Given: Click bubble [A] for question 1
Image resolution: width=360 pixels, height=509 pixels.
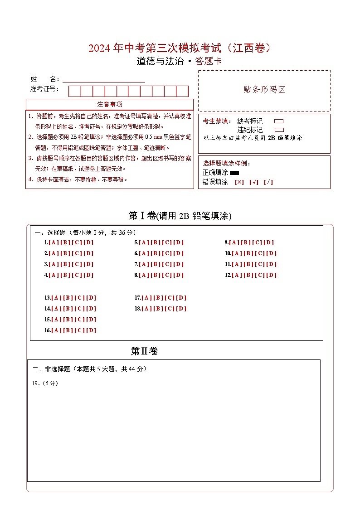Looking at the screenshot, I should [x=54, y=242].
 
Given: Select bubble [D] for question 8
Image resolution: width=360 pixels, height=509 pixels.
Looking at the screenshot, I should [x=179, y=275].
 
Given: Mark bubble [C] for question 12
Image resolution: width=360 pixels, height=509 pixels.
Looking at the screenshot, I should [x=260, y=275].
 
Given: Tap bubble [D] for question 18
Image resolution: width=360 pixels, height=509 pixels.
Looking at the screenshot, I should [x=181, y=309].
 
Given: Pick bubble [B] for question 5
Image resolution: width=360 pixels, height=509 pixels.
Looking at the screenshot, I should [x=156, y=242].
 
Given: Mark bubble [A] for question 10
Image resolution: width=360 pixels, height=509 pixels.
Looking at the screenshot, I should [x=237, y=253].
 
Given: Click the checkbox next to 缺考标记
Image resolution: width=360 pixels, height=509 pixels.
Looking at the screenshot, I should [x=279, y=121].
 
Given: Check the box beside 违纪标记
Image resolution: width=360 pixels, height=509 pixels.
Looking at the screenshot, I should [x=279, y=130].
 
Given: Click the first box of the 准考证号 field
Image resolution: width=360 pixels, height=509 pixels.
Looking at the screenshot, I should [x=74, y=91].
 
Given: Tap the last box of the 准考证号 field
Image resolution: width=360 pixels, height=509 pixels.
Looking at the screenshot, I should [x=182, y=91].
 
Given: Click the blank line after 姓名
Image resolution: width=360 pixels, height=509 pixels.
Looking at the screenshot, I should [x=104, y=79].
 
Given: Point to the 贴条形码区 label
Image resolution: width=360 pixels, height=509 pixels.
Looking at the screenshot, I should [x=264, y=90].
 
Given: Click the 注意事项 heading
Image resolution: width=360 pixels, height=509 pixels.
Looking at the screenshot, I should [x=109, y=105].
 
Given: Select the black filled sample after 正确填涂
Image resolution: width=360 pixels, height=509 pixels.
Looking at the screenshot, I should [x=234, y=173].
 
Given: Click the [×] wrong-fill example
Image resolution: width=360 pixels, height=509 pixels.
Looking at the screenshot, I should [x=239, y=182].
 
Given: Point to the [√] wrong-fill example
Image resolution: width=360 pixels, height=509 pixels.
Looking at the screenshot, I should [x=254, y=182].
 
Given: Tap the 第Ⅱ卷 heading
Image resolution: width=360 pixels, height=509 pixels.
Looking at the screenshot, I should [x=144, y=351].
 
